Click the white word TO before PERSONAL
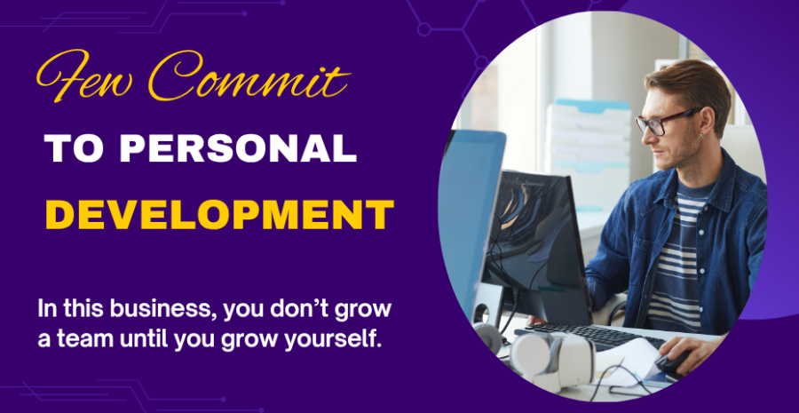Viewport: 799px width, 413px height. click(76, 149)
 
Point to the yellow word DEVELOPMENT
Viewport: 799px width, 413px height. click(219, 215)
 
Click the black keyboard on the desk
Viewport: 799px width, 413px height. click(591, 336)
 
